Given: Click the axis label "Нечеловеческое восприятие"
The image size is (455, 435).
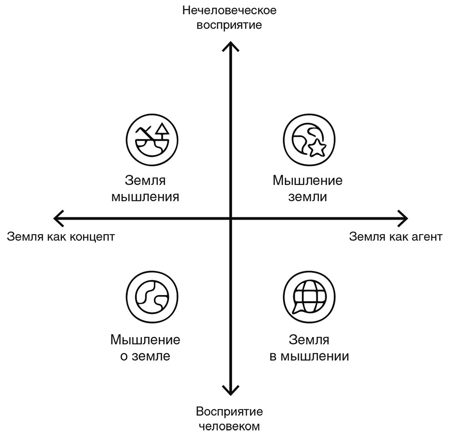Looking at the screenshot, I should click(229, 17).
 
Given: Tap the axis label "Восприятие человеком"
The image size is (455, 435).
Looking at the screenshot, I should click(229, 420).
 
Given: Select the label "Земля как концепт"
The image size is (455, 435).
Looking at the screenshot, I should click(61, 237).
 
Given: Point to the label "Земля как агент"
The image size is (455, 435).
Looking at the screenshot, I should click(395, 237).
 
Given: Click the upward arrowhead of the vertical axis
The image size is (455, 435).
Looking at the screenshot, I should click(230, 45).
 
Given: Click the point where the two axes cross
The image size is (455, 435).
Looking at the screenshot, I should click(230, 218).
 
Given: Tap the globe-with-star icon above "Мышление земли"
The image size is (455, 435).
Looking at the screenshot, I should click(308, 139).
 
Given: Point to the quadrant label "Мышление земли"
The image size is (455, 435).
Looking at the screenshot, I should click(308, 189).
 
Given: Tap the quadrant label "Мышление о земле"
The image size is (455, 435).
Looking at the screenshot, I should click(145, 348).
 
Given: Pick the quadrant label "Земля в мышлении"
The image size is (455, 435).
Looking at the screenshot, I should click(309, 348).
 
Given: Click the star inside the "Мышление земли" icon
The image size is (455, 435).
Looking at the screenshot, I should click(316, 147).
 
